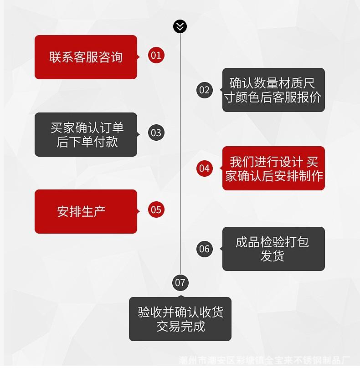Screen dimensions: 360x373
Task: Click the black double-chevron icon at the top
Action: pos(180,26)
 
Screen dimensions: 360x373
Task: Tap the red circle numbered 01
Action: pos(156,56)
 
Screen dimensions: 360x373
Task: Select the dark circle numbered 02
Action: pos(205,90)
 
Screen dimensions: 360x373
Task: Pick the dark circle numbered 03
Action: pos(156,133)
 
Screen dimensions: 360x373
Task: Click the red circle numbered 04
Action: pos(205,169)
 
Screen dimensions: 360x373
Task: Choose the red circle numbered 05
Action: pos(156,210)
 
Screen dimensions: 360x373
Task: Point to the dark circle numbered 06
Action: pos(205,249)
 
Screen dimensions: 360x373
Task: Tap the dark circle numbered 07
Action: pos(180,282)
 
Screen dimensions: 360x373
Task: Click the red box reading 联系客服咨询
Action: pos(86,57)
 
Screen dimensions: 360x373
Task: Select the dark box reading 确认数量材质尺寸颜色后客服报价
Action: pos(273,90)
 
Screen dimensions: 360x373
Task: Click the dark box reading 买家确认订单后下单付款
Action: pos(86,135)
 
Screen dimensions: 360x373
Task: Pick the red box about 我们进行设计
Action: pos(273,169)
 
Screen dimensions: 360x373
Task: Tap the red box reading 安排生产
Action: pos(86,211)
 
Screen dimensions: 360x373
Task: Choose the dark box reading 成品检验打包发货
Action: pos(273,249)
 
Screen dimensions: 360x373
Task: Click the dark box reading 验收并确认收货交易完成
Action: pos(180,319)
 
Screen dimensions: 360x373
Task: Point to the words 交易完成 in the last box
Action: pos(180,326)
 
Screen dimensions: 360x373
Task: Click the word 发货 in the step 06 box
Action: pos(273,256)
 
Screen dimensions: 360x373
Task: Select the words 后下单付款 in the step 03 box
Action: pos(87,142)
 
